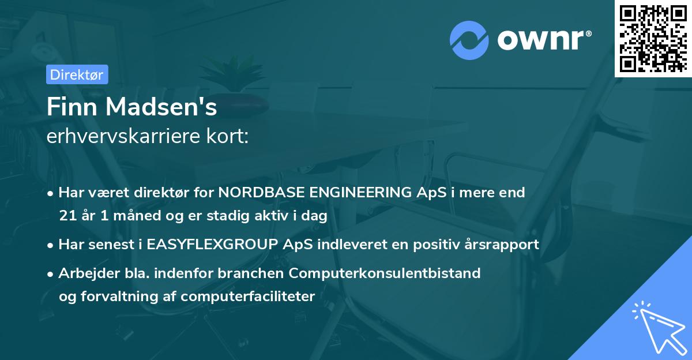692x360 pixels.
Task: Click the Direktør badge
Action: [x=77, y=74]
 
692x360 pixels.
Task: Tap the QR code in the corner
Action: [x=653, y=38]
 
